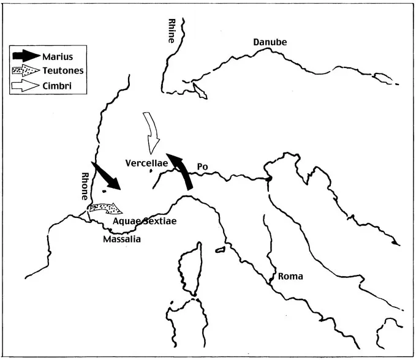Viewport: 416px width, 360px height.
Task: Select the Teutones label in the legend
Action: pos(64,71)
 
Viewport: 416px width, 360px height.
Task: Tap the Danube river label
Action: pos(270,42)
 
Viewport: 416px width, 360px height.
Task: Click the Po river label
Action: pos(203,167)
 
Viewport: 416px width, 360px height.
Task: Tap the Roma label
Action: pos(290,276)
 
